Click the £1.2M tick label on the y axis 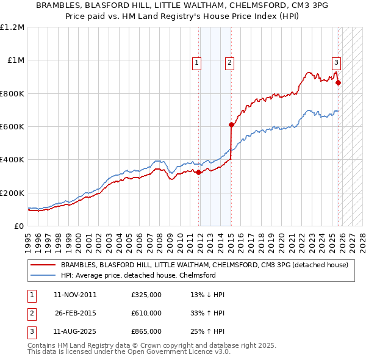12,27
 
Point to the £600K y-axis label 12,127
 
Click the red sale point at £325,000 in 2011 199,172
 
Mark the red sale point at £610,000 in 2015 231,125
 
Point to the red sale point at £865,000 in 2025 338,83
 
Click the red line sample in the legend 43,265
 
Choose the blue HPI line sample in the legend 43,275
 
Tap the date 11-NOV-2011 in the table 75,295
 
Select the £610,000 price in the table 146,313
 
